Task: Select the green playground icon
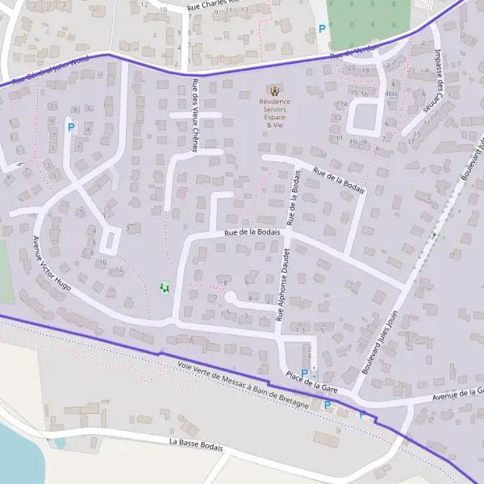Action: [x=165, y=286]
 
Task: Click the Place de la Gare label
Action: [x=311, y=383]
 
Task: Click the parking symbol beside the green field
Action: [x=322, y=28]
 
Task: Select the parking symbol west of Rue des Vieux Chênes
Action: [x=70, y=127]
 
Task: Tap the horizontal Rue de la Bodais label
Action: [x=252, y=232]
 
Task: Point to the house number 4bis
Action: [x=391, y=94]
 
